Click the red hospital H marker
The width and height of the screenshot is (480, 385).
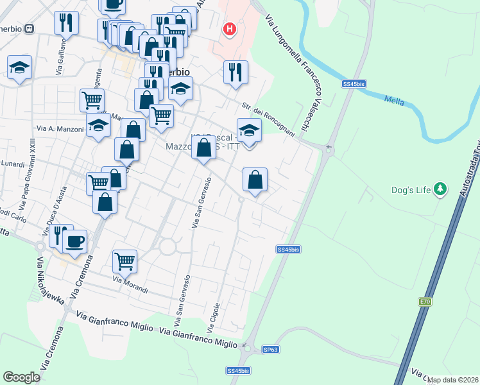click(x=229, y=30)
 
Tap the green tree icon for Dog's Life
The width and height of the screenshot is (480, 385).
click(x=440, y=189)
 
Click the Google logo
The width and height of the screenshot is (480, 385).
click(x=21, y=377)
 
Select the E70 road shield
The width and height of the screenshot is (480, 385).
click(x=425, y=302)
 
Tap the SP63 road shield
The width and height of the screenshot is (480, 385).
click(x=270, y=350)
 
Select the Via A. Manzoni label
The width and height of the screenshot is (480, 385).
click(x=60, y=129)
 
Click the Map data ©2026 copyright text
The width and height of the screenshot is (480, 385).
click(x=453, y=380)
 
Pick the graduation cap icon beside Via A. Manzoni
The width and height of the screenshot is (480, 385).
click(x=98, y=126)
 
